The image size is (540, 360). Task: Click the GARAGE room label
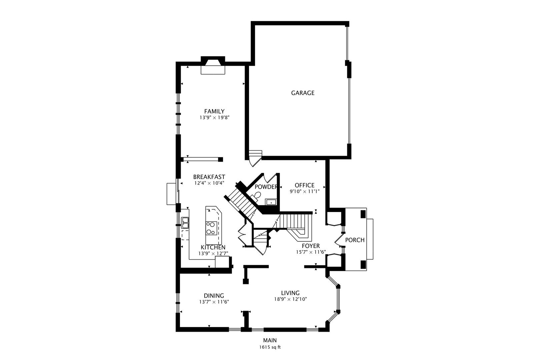click(303, 93)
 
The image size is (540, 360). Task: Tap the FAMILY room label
click(214, 111)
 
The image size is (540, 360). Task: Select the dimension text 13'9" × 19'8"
click(214, 117)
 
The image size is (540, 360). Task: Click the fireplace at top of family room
click(213, 67)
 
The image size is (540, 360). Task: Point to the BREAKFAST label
click(209, 177)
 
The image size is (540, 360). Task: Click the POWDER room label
click(266, 187)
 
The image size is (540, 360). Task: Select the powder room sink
click(271, 202)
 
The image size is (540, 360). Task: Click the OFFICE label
click(304, 185)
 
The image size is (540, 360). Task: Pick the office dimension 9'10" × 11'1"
click(304, 191)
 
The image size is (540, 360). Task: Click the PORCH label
click(355, 240)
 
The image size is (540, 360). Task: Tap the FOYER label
click(311, 246)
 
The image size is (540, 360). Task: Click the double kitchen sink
click(185, 223)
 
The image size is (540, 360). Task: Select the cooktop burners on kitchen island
click(211, 228)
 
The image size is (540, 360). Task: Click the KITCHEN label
click(213, 247)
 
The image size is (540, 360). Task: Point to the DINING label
click(214, 296)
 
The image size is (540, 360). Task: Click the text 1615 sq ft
click(270, 347)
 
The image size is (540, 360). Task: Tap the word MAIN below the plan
click(270, 340)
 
